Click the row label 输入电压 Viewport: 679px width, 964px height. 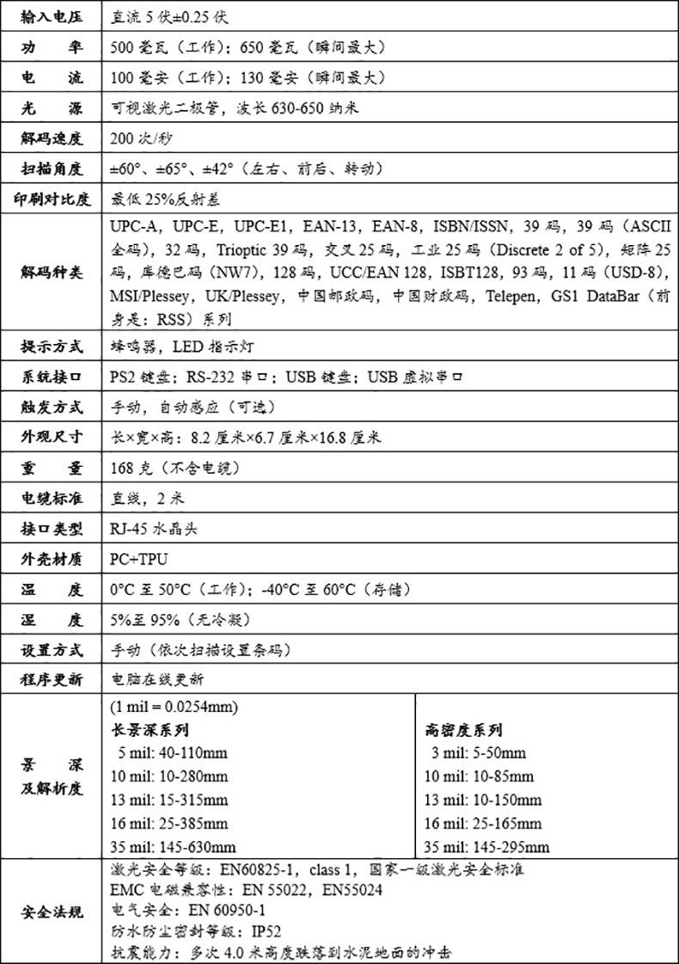pyautogui.click(x=52, y=16)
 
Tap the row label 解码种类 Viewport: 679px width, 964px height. pyautogui.click(x=52, y=273)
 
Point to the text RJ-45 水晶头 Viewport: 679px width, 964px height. pyautogui.click(x=155, y=529)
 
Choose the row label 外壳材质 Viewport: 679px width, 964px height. pyautogui.click(x=52, y=559)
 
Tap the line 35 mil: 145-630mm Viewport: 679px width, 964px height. pyautogui.click(x=174, y=846)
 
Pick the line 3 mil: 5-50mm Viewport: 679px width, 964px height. pyautogui.click(x=479, y=753)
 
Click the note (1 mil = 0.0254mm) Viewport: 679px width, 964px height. pyautogui.click(x=174, y=707)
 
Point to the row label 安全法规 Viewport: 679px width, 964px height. pyautogui.click(x=52, y=911)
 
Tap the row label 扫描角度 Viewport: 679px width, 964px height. pyautogui.click(x=52, y=168)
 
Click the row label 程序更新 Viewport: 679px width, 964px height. pyautogui.click(x=52, y=678)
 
